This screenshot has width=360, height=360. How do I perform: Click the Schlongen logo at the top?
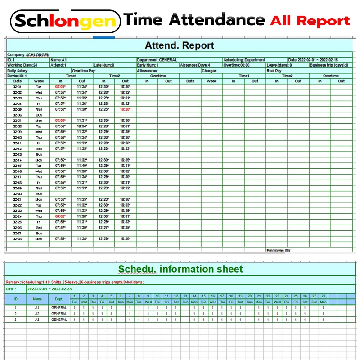click(66, 21)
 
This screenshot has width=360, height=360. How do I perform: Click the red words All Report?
click(310, 21)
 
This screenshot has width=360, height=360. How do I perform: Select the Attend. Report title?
click(179, 45)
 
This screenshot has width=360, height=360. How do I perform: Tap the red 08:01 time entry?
click(60, 87)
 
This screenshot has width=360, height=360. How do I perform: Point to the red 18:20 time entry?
click(125, 109)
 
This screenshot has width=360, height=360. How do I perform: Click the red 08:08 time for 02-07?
click(60, 121)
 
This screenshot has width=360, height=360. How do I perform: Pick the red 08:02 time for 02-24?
click(60, 216)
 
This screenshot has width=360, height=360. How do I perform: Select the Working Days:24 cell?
click(22, 65)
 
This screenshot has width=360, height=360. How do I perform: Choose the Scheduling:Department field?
click(244, 60)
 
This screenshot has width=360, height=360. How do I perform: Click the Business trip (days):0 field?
click(333, 65)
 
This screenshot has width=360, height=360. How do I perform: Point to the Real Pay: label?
click(274, 71)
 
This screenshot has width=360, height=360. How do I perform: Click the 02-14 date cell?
click(17, 160)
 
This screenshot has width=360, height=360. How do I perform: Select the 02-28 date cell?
click(17, 239)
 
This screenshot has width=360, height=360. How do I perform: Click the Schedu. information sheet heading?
click(180, 270)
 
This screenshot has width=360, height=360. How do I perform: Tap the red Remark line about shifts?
click(75, 282)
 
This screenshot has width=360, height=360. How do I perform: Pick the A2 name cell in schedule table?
click(37, 314)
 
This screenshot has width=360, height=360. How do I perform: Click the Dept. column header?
click(59, 298)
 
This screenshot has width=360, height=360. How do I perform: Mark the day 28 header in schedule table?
click(323, 296)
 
